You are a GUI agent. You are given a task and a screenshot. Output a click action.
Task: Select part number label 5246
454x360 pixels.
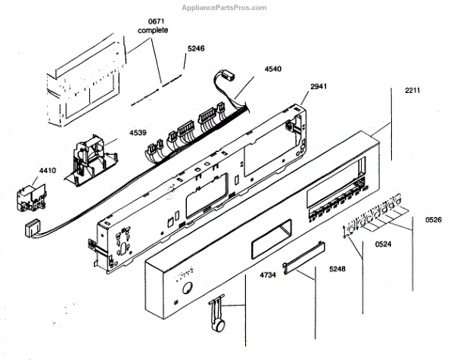coord(196,51)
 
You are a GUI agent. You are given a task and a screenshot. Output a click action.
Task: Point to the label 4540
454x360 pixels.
coord(274,70)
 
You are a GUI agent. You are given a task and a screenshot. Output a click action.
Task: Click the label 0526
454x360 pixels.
coord(434,220)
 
